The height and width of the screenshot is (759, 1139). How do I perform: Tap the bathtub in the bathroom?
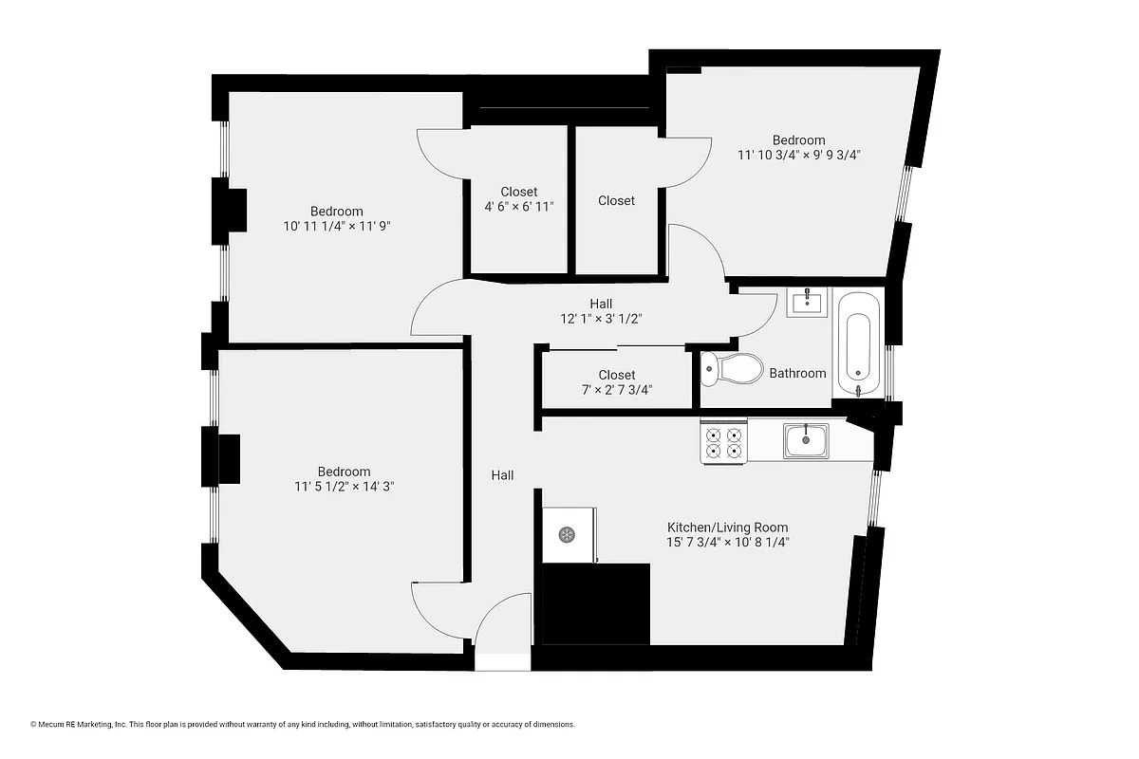click(859, 343)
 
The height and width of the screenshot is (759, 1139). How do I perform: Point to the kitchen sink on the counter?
click(806, 439)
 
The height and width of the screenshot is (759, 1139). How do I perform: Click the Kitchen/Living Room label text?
click(727, 528)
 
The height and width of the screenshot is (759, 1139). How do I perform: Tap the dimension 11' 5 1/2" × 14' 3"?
click(344, 487)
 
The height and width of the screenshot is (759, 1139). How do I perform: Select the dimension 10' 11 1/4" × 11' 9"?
click(336, 227)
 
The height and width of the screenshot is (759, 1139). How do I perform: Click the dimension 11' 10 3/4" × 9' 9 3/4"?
click(798, 154)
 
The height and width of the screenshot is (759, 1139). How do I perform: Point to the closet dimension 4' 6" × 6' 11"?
click(518, 206)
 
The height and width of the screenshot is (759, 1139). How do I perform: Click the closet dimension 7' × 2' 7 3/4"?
click(616, 390)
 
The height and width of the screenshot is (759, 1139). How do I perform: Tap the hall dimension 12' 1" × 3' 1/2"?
click(601, 319)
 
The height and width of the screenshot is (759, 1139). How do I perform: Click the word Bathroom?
click(797, 373)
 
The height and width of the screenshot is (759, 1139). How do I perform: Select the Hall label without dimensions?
click(502, 474)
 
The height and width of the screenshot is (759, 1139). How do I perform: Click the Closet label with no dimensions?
click(616, 200)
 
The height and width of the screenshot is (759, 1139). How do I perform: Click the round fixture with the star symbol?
click(565, 535)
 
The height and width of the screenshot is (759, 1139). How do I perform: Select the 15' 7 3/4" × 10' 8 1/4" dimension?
click(727, 543)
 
